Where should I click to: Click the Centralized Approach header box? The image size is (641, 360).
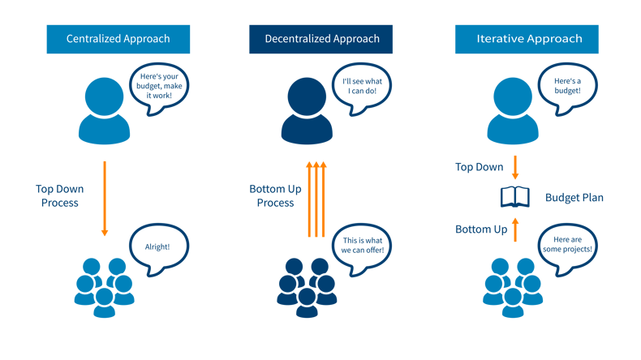click(x=118, y=39)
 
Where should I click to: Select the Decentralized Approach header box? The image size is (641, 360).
click(x=320, y=39)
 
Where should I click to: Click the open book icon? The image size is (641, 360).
click(x=514, y=196)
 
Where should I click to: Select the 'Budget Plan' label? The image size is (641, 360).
click(x=574, y=197)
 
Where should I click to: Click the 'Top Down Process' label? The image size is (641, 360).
click(x=59, y=195)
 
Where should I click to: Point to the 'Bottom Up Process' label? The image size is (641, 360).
click(x=275, y=195)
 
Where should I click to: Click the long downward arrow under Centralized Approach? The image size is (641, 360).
click(x=104, y=198)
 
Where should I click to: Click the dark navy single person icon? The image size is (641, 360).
click(x=308, y=111)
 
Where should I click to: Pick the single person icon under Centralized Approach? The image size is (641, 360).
click(x=104, y=111)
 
